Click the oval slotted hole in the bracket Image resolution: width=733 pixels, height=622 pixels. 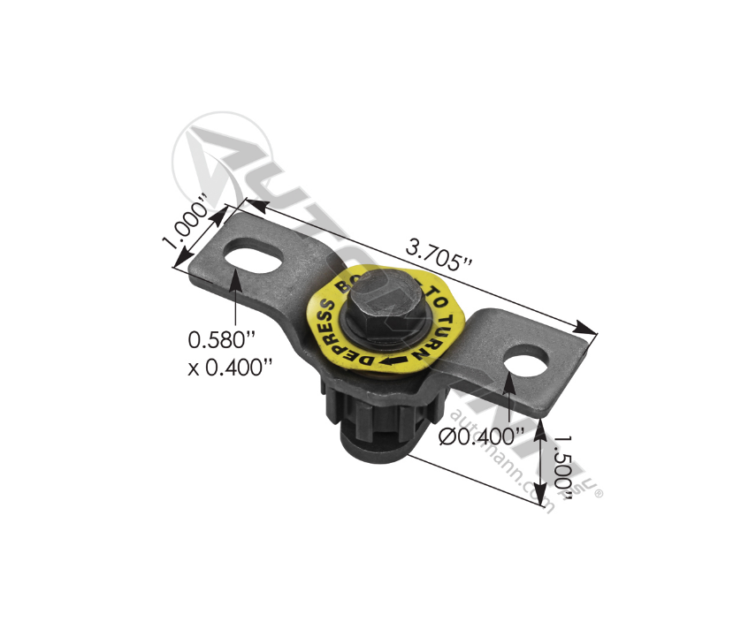coord(256,260)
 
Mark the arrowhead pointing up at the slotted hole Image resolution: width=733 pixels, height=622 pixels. coord(236,280)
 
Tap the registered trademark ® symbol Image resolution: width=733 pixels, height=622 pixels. coord(599,494)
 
